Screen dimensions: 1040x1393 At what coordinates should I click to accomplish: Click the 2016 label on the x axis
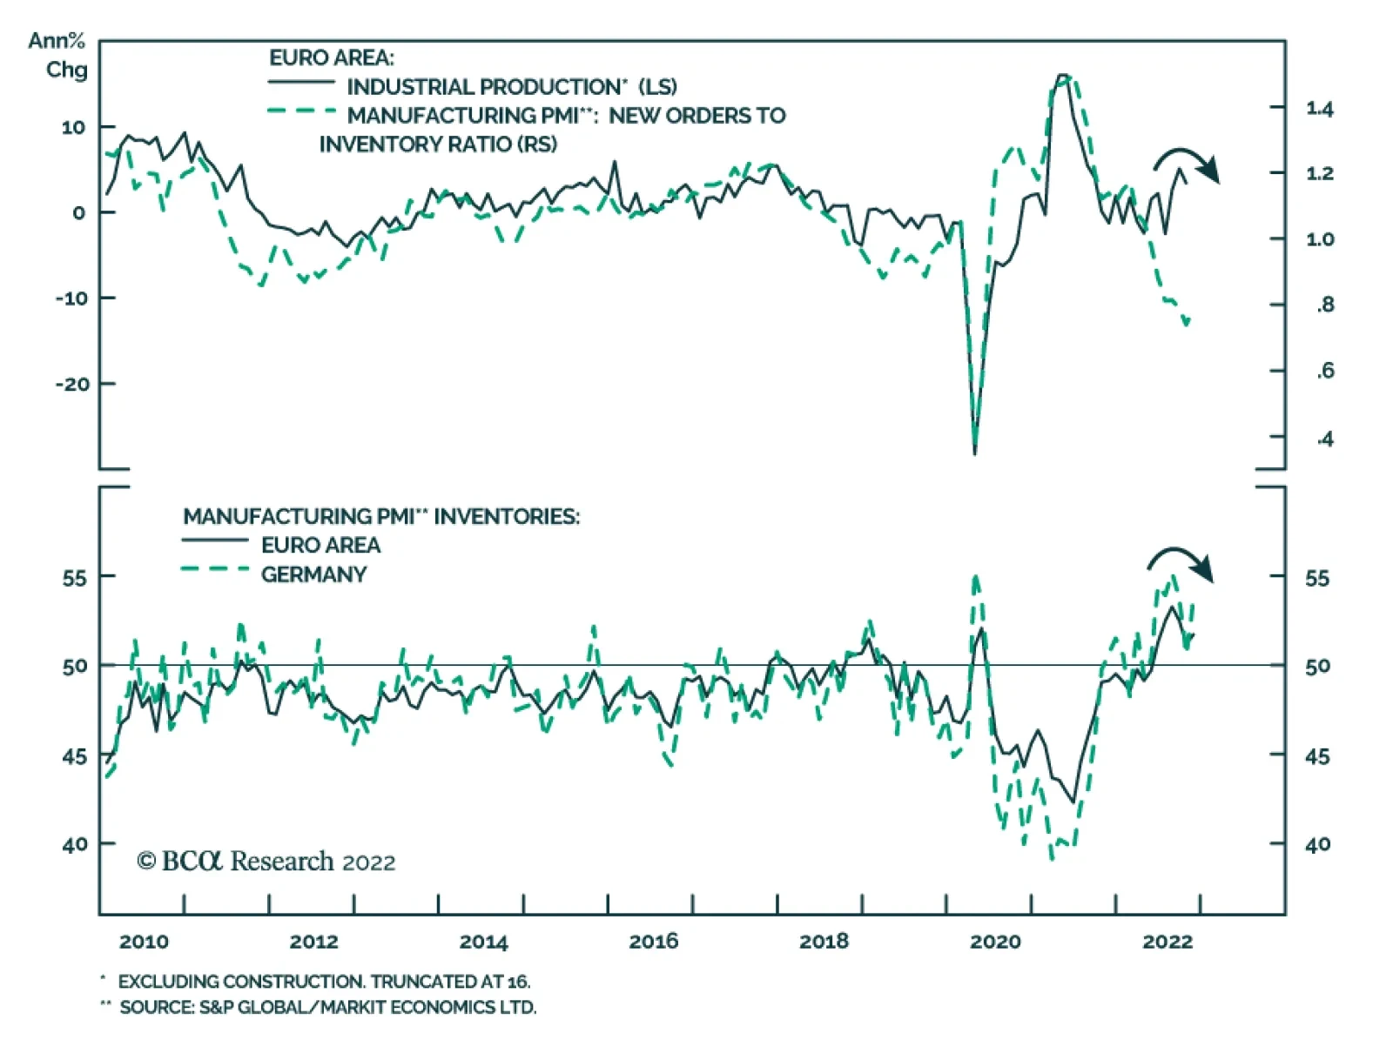653,941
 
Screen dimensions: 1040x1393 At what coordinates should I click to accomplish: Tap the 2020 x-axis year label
994,941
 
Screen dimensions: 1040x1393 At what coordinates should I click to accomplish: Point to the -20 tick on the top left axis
73,384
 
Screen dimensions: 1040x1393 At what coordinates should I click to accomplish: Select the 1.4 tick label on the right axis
1319,109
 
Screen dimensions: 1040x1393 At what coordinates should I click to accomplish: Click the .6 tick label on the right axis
1324,372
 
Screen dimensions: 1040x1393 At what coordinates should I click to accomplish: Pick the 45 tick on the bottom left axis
75,755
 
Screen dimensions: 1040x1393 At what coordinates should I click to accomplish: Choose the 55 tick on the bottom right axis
1316,578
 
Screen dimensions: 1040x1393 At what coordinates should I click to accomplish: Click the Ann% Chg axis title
59,55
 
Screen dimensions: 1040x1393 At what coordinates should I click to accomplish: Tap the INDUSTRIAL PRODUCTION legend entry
511,87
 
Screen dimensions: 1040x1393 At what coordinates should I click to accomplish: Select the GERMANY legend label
313,574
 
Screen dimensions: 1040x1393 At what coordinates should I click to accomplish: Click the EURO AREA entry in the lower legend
320,546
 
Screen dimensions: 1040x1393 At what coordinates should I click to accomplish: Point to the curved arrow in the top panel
1188,162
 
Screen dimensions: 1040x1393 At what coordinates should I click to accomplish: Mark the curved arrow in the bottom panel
1181,561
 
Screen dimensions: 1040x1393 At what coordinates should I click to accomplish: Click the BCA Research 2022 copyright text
266,862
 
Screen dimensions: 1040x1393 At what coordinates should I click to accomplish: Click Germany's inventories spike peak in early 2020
976,576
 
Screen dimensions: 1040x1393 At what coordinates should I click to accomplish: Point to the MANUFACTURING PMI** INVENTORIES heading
381,516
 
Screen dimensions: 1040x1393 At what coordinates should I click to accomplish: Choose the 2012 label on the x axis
313,941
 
